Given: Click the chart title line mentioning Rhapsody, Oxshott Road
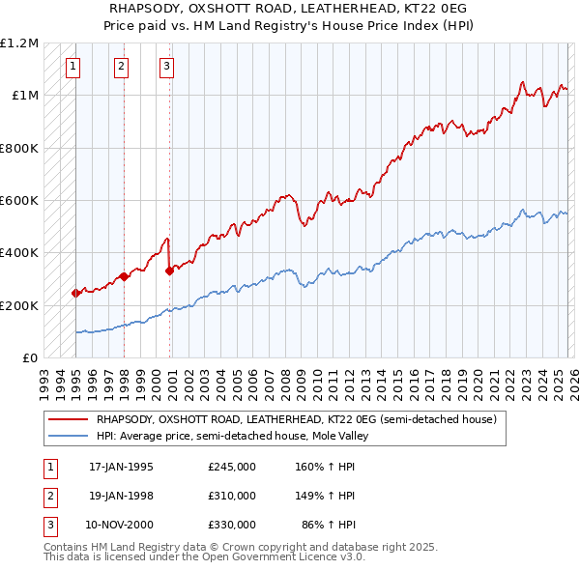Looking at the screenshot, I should click(x=290, y=8).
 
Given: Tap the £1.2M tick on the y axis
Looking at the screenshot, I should click(x=19, y=43).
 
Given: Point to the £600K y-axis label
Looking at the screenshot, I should click(x=19, y=201).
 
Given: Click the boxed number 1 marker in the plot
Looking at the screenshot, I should click(x=74, y=67).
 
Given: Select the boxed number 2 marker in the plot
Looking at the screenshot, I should click(x=121, y=67).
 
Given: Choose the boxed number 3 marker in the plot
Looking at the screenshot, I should click(x=166, y=67).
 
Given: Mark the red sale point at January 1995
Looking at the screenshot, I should click(x=75, y=293).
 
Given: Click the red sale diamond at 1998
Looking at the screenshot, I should click(x=124, y=276).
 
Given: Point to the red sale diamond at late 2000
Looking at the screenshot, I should click(x=169, y=271).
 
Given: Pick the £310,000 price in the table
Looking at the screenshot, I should click(x=232, y=496).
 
